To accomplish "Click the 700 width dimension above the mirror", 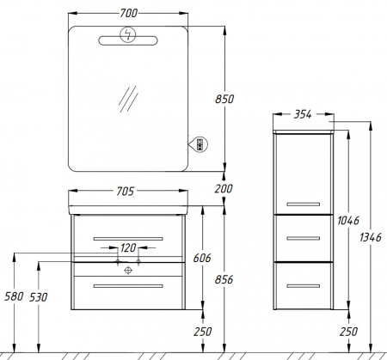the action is [129, 13].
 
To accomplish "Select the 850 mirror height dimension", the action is [224, 99].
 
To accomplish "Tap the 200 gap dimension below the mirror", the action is [224, 189].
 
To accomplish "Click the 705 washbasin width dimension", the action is [125, 192].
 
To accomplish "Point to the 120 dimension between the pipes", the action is [128, 247].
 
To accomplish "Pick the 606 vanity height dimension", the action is [202, 258].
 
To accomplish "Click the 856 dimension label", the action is [224, 279].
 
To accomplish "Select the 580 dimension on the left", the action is [14, 296].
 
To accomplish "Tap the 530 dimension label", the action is [38, 297].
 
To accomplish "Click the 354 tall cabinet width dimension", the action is [303, 114].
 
